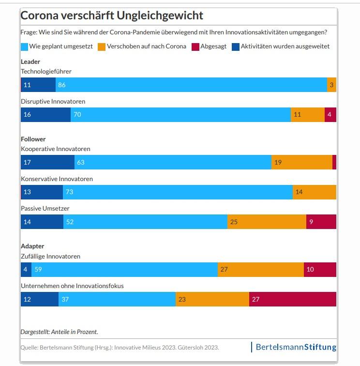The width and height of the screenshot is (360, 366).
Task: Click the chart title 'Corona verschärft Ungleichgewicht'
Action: [x=112, y=15]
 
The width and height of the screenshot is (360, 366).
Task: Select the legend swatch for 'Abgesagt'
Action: [x=195, y=46]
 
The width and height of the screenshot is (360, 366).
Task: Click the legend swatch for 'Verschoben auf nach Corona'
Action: [x=102, y=46]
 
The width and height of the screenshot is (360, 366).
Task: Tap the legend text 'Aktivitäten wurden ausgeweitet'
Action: [x=285, y=46]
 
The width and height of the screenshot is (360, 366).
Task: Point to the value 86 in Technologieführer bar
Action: [x=61, y=85]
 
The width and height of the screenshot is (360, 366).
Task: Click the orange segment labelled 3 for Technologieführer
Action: [x=331, y=85]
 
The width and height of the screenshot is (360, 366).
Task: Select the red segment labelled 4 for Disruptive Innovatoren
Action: [x=330, y=115]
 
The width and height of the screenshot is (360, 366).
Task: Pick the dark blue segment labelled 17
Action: [x=47, y=162]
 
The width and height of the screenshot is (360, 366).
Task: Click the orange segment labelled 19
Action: [x=301, y=162]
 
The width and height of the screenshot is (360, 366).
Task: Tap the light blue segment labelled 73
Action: [x=178, y=192]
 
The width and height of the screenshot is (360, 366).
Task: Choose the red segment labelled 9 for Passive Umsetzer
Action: [x=321, y=222]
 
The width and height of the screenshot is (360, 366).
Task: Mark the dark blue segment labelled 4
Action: [x=26, y=269]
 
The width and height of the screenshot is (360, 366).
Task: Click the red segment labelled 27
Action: [x=292, y=299]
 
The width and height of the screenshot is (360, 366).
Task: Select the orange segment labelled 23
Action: [x=212, y=299]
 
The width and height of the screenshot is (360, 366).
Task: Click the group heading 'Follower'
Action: [x=33, y=139]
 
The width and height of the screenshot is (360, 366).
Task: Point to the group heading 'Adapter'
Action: [x=32, y=246]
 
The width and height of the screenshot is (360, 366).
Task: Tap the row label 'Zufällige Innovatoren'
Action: [x=50, y=257]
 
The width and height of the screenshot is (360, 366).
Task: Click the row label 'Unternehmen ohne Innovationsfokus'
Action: [x=72, y=286]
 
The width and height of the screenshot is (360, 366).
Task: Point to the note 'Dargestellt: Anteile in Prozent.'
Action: [x=59, y=332]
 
